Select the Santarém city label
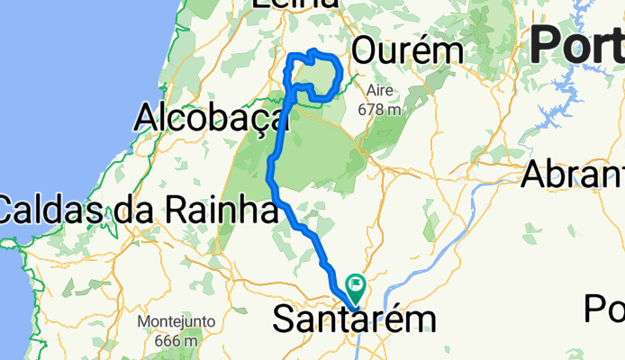point(353,320)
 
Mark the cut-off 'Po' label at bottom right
point(603,309)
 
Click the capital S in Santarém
point(282,320)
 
